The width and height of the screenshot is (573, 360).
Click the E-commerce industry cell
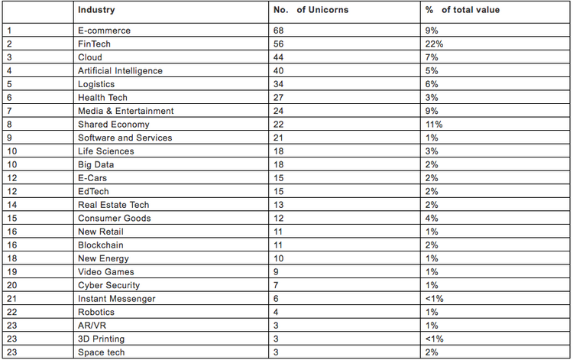[104, 31]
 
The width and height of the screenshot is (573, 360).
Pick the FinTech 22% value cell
[435, 44]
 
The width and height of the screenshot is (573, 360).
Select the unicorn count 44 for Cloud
[280, 57]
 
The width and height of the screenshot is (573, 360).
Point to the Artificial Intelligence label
[120, 70]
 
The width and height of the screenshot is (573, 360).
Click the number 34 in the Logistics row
[280, 84]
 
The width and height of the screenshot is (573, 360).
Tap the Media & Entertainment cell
[125, 111]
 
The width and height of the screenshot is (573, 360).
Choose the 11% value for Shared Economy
[435, 124]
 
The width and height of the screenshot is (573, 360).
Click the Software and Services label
[125, 138]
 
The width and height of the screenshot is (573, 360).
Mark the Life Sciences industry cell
[106, 151]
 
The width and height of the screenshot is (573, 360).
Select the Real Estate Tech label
[113, 205]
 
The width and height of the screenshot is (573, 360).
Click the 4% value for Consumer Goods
[432, 218]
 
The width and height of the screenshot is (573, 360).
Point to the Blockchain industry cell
[100, 245]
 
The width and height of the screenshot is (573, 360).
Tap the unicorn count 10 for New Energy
[279, 258]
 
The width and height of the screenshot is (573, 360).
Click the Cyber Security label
[108, 285]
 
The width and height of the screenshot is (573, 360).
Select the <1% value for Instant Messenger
[435, 299]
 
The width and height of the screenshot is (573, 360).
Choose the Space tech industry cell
[101, 352]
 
